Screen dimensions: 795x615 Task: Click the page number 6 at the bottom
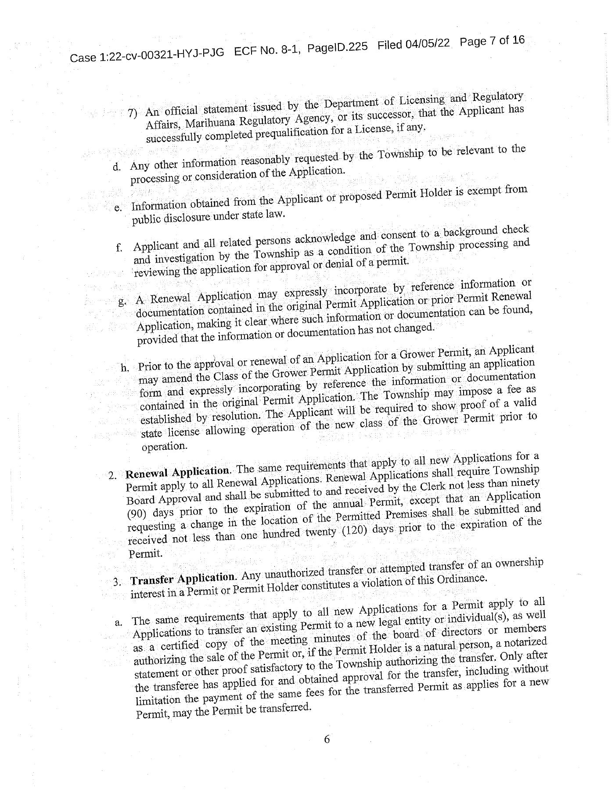[x=327, y=740]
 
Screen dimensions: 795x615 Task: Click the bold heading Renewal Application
[x=177, y=472]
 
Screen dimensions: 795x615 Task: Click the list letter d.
[x=116, y=167]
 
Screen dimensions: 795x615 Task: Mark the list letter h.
[x=124, y=368]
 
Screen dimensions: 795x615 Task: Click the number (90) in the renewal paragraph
[x=136, y=514]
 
